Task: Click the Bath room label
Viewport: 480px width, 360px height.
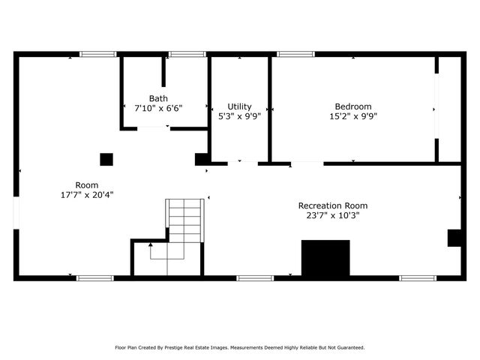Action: point(158,98)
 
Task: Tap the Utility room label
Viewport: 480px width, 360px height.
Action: point(239,106)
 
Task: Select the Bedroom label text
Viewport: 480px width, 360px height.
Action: point(352,106)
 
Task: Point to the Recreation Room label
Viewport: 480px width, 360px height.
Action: point(332,205)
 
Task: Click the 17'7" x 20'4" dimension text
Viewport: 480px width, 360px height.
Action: point(86,195)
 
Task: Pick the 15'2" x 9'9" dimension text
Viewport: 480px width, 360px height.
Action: point(352,116)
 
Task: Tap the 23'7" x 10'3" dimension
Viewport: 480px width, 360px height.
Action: point(332,215)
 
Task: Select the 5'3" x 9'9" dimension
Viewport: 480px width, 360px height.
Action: point(239,116)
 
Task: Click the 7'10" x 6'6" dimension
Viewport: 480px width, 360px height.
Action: point(158,108)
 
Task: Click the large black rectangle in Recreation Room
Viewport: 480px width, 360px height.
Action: point(325,258)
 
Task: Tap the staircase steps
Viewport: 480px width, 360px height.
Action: point(184,220)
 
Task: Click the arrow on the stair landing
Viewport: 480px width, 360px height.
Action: point(150,244)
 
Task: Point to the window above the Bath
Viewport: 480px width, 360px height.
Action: point(187,54)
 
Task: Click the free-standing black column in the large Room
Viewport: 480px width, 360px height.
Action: point(106,159)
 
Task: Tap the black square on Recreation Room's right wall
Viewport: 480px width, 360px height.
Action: point(454,238)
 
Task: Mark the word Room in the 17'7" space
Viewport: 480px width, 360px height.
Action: point(86,185)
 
